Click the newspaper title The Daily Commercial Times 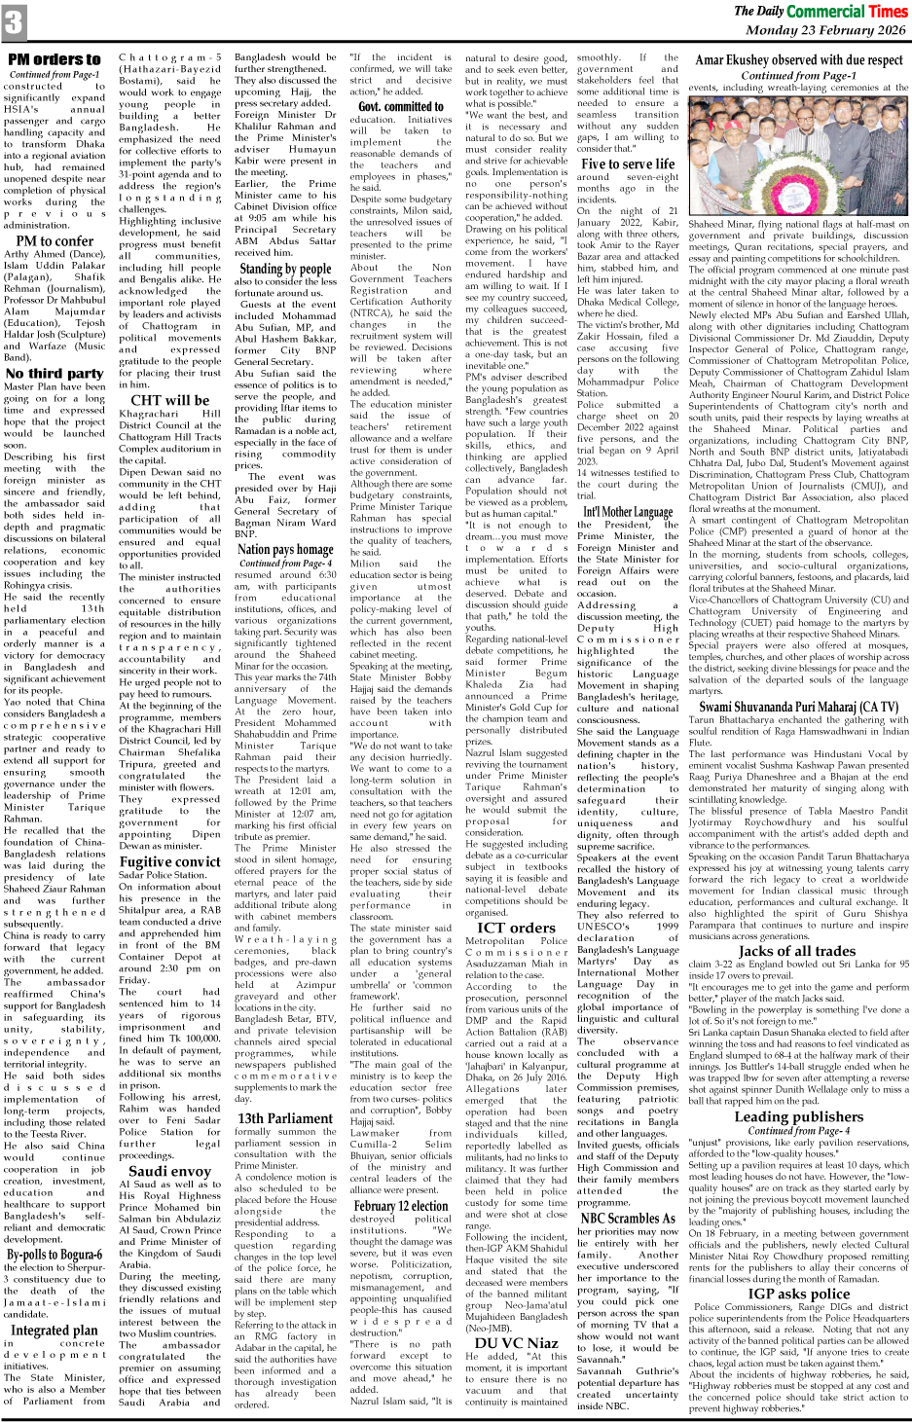(821, 11)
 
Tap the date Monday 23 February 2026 (825, 30)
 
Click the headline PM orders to (54, 59)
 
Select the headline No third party (54, 373)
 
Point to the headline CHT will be (170, 399)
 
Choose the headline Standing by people (285, 269)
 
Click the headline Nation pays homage (285, 550)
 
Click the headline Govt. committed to (401, 106)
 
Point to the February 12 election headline (401, 1206)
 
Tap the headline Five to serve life (628, 164)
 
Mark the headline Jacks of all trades (798, 950)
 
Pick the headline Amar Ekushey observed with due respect (798, 59)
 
